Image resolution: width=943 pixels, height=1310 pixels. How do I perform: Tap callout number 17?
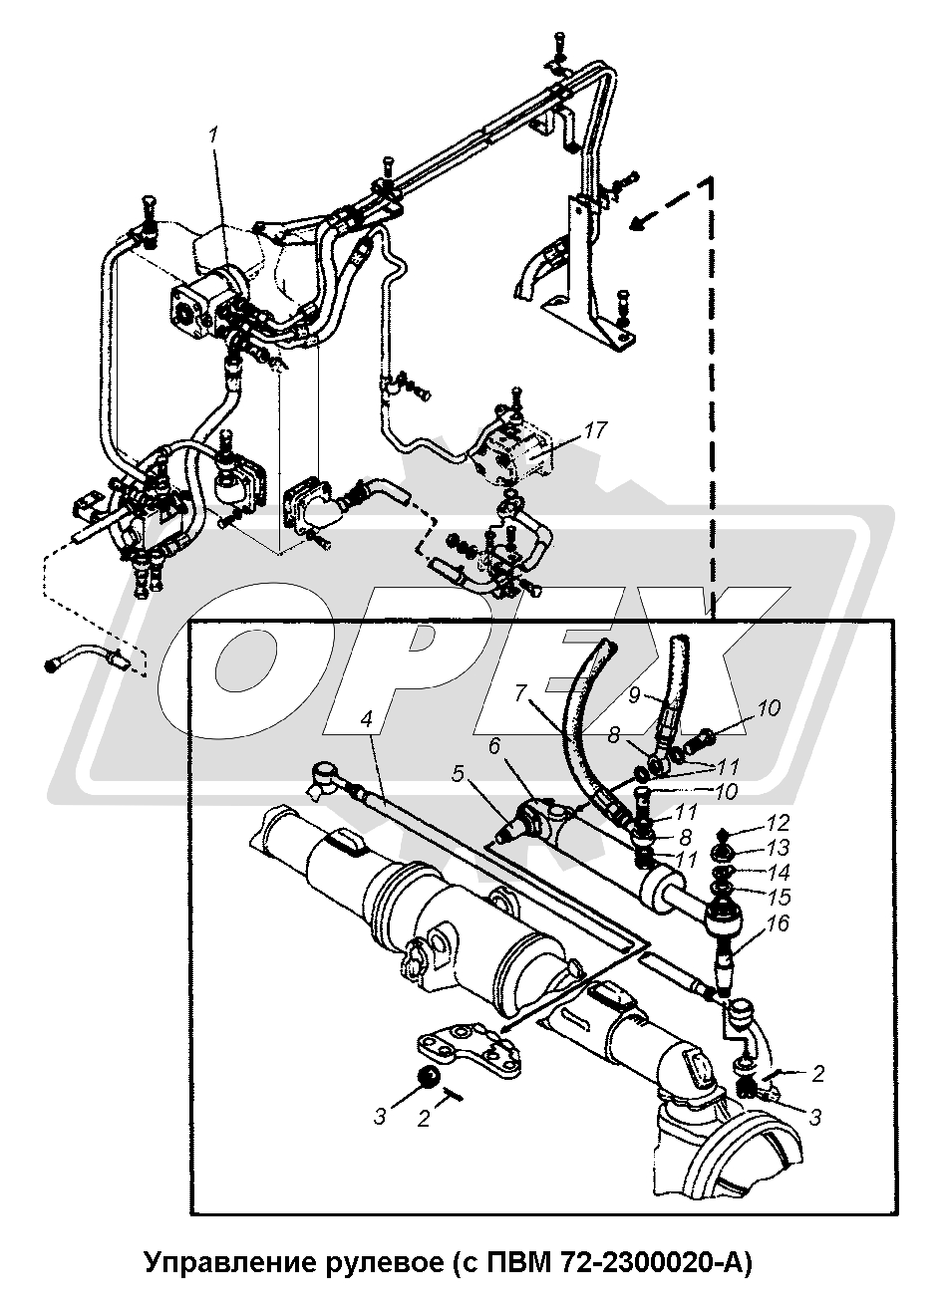pos(596,430)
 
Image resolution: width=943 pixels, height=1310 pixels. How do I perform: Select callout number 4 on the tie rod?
pos(368,719)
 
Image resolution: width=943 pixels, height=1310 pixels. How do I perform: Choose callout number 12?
pos(778,823)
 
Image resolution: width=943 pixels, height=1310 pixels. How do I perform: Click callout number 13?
pos(778,847)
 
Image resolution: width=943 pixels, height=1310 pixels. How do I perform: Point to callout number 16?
pos(778,924)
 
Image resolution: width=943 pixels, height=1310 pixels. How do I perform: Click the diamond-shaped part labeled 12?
pos(725,834)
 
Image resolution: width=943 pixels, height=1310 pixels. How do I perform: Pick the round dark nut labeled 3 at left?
pos(429,1078)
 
